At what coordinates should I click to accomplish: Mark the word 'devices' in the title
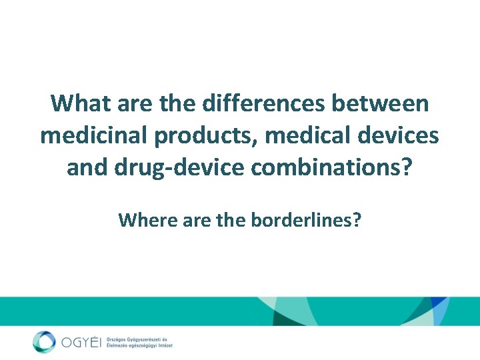tap(399, 135)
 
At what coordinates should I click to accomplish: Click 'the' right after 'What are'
tap(181, 104)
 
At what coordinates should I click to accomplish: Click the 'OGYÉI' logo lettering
tap(80, 343)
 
